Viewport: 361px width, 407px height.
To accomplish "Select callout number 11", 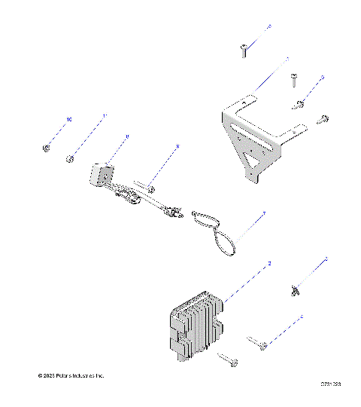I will [105, 116].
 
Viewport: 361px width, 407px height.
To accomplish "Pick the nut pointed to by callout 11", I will [69, 158].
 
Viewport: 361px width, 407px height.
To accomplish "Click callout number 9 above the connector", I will [127, 136].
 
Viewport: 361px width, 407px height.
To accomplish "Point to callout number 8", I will [177, 146].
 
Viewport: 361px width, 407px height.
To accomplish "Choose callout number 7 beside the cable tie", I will [263, 215].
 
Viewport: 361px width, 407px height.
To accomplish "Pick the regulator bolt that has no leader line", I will [229, 360].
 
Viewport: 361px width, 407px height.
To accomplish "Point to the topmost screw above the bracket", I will [244, 50].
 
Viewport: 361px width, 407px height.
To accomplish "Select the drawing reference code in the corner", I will [331, 384].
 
